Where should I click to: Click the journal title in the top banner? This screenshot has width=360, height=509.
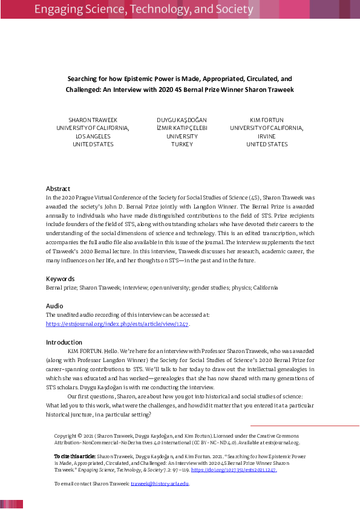pos(143,10)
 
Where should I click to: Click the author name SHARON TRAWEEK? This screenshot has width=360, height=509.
pos(93,120)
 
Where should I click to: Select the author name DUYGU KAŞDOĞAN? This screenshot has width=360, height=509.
pos(182,120)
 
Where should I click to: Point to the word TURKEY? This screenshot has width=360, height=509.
pos(182,144)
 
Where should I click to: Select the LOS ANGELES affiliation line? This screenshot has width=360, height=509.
pos(93,137)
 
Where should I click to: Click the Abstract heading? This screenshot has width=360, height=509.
pos(58,189)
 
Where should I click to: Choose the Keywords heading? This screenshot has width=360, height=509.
pos(61,279)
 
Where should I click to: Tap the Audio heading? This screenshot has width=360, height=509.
pos(54,306)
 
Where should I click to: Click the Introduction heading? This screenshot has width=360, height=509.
pos(64,342)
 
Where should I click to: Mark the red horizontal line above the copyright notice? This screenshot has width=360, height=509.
pos(305,426)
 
